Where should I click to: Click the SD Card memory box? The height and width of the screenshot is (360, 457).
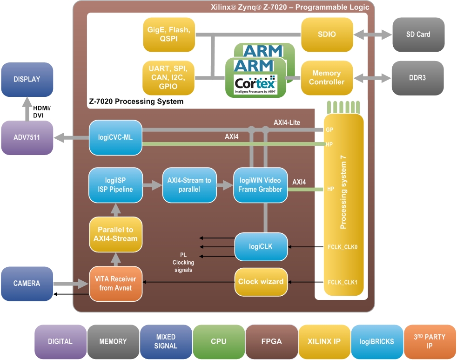tap(418, 34)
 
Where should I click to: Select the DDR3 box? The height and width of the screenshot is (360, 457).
tap(418, 78)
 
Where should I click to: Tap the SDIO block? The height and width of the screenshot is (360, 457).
tap(327, 34)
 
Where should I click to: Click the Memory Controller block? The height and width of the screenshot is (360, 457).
tap(327, 78)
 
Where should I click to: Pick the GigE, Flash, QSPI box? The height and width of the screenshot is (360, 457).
tap(168, 34)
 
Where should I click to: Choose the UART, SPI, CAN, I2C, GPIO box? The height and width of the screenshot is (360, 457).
tap(168, 78)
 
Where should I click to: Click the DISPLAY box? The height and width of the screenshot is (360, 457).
tap(27, 79)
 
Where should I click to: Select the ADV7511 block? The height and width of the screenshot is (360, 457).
tap(27, 137)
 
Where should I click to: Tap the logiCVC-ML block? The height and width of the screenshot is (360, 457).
tap(115, 137)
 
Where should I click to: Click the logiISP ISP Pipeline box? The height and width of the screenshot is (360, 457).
tap(115, 185)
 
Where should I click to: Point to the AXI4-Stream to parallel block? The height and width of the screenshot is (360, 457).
tap(189, 185)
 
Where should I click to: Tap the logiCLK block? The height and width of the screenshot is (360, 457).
tap(261, 246)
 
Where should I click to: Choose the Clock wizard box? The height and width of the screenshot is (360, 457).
tap(261, 282)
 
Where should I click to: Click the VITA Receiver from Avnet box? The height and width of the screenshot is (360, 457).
tap(115, 283)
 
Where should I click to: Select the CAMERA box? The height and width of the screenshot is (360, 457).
tap(27, 283)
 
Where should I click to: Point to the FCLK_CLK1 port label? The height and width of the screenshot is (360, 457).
tap(342, 282)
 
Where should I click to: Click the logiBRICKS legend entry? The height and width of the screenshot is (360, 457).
tap(377, 341)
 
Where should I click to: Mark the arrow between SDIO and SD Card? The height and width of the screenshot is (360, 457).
tap(373, 34)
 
